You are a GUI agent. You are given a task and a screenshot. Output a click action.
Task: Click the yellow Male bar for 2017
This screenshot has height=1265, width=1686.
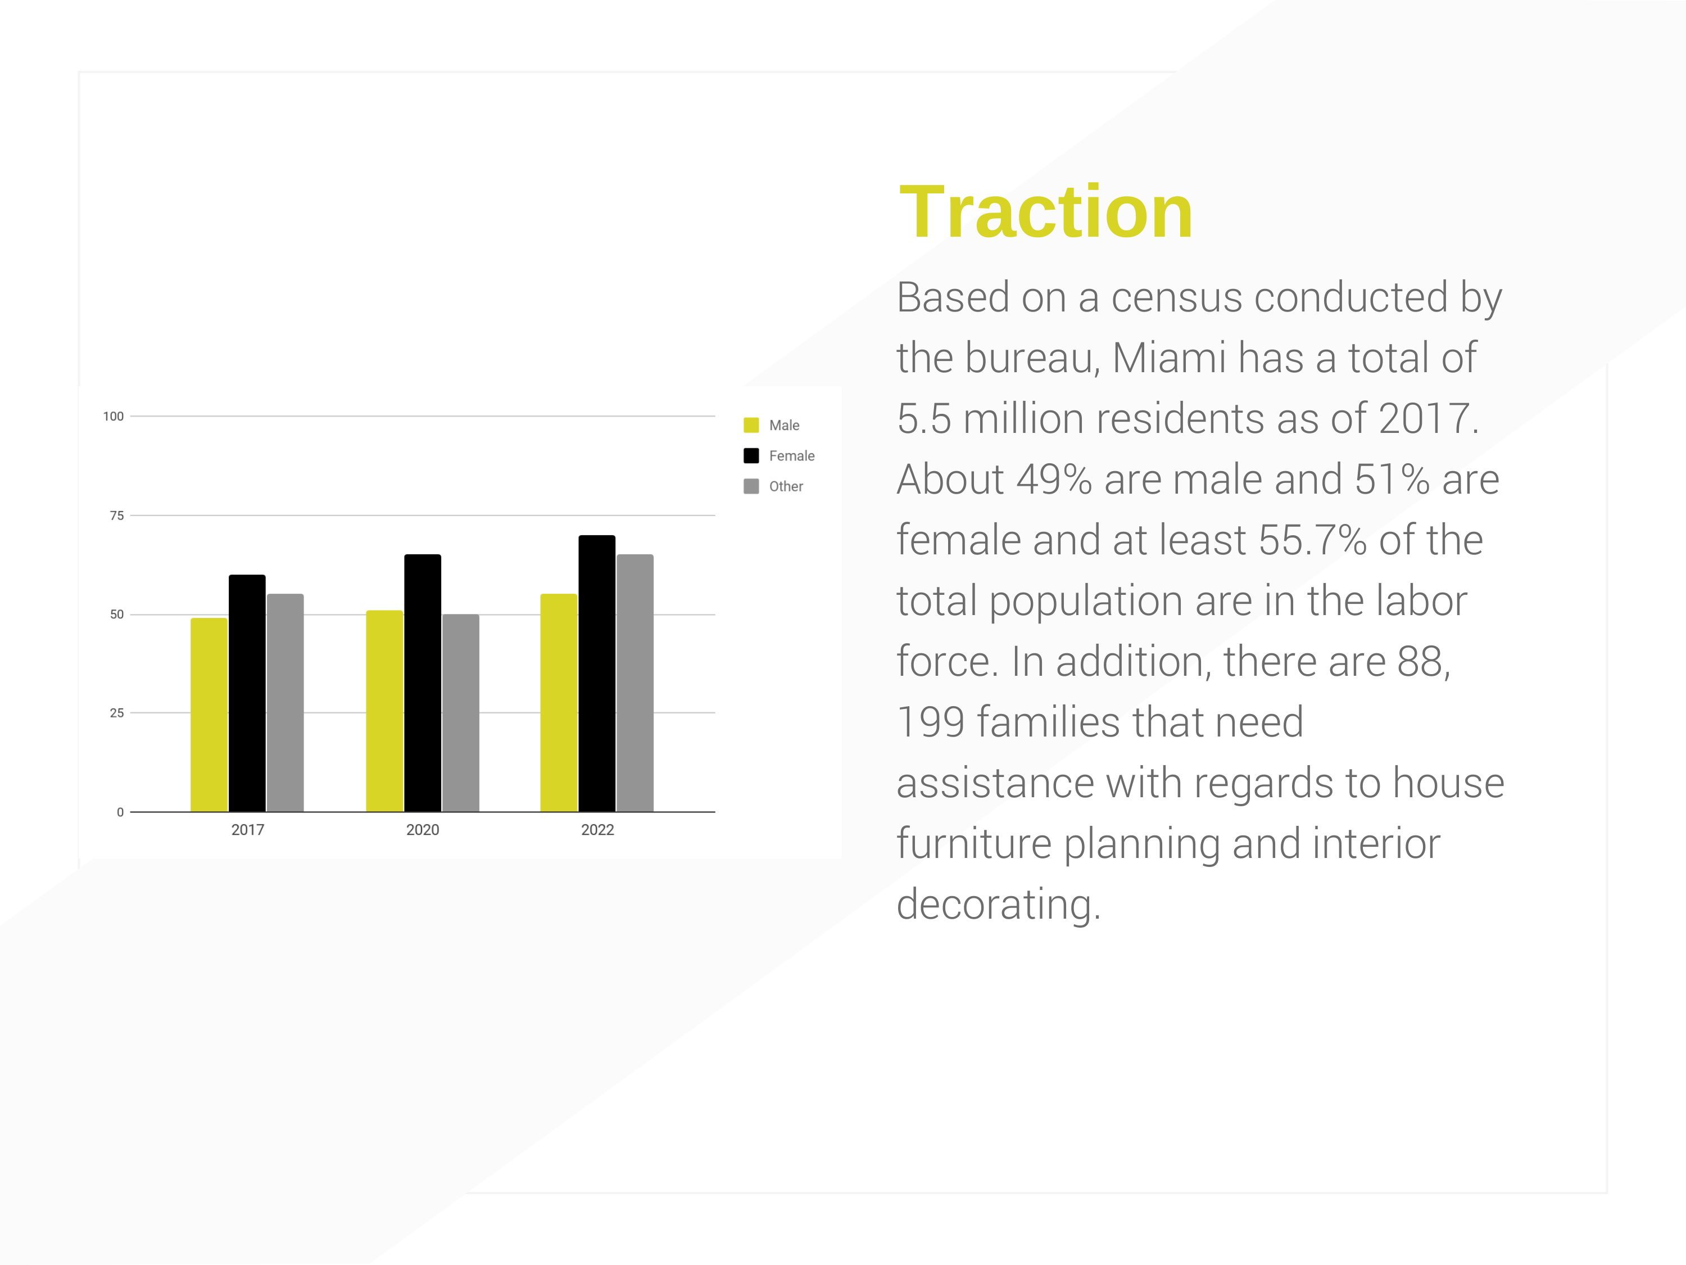[209, 715]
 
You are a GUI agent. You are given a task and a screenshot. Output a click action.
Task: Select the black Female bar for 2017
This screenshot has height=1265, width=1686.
[247, 693]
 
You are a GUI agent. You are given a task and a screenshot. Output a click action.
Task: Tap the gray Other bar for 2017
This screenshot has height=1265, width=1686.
[285, 702]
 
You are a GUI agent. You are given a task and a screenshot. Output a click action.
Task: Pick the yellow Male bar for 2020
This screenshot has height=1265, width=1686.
[384, 711]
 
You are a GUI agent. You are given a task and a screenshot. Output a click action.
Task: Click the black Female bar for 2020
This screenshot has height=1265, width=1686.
[422, 683]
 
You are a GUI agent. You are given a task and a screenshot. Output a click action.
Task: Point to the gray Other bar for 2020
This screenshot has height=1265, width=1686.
[460, 712]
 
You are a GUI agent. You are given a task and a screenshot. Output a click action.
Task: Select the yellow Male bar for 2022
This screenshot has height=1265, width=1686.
[559, 702]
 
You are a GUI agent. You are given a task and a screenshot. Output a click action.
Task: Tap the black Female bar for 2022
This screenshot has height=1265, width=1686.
[597, 674]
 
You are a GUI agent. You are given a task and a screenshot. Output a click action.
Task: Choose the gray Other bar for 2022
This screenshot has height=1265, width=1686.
[635, 683]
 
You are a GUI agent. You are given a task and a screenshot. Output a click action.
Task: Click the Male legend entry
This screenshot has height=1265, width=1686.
[772, 424]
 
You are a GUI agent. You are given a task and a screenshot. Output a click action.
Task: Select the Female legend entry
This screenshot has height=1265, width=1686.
[779, 455]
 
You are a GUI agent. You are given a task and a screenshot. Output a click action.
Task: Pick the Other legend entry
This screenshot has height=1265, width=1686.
[773, 486]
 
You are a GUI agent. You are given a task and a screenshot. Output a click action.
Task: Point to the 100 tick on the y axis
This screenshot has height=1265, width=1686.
[113, 417]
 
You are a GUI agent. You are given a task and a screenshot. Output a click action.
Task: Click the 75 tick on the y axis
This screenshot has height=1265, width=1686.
[117, 516]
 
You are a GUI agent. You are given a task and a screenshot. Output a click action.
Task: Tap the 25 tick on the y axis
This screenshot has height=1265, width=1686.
[117, 713]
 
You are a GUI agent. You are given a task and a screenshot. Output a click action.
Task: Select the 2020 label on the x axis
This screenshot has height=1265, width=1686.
[422, 830]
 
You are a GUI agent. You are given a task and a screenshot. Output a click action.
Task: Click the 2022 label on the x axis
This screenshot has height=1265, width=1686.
[597, 830]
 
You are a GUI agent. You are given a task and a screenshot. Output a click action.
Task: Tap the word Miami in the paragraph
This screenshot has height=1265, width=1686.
[1168, 357]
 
